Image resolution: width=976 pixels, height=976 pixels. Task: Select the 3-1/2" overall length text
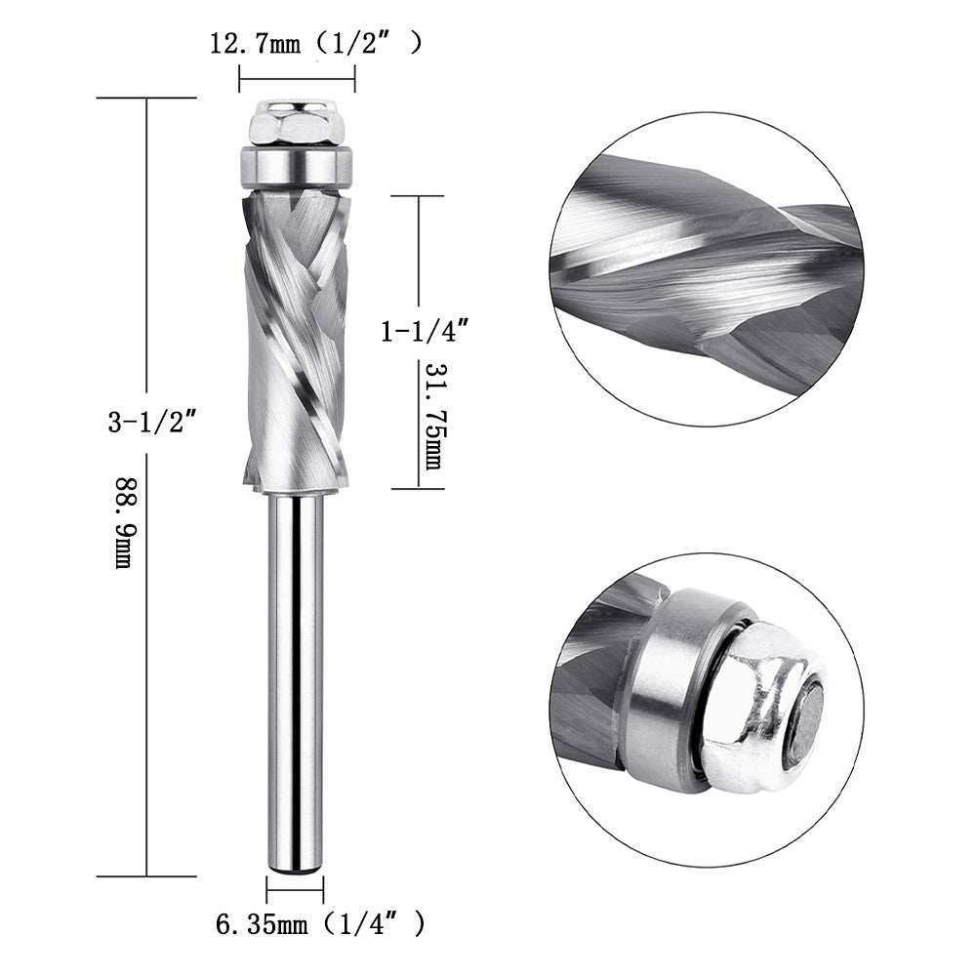point(153,423)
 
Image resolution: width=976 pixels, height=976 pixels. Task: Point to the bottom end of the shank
point(296,863)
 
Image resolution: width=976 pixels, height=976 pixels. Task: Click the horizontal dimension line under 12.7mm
point(297,78)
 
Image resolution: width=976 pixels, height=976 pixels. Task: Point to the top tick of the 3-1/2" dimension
point(146,98)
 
